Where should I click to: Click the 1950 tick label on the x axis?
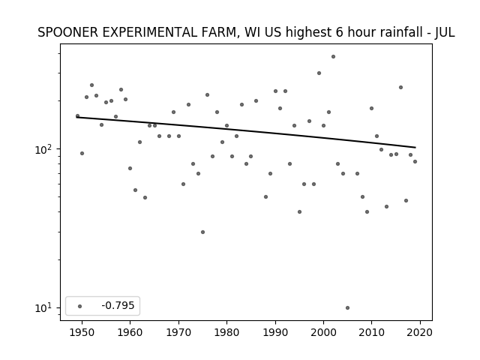(82, 332)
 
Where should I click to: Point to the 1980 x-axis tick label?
(226, 332)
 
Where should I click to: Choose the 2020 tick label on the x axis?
(420, 332)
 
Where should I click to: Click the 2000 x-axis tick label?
(323, 332)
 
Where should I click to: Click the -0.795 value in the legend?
(118, 305)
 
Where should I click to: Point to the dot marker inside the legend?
(80, 306)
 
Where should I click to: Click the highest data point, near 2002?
(333, 57)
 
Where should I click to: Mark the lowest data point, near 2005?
(347, 308)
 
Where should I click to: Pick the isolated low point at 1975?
(202, 232)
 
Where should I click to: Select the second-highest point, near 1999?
(319, 73)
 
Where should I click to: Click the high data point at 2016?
(400, 88)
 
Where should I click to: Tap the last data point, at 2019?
(415, 162)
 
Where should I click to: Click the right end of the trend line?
(415, 148)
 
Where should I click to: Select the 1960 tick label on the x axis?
(130, 332)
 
